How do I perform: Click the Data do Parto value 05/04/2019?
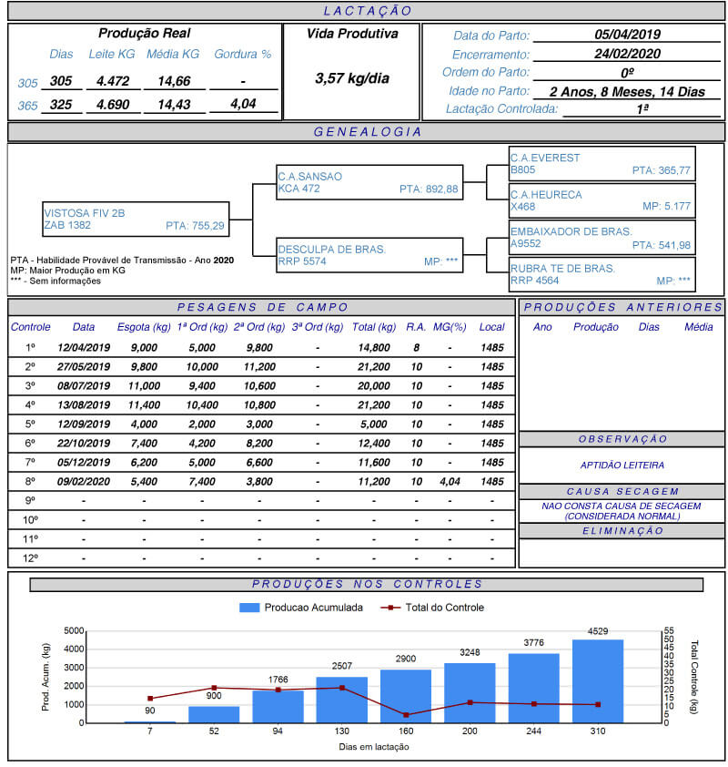(x=627, y=35)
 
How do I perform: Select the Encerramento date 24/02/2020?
(x=627, y=54)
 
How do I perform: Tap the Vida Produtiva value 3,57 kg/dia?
(x=351, y=78)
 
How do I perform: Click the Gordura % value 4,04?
(x=242, y=104)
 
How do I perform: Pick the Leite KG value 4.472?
(x=113, y=81)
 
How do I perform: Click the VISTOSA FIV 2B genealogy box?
(x=135, y=219)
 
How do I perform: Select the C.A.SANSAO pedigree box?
(x=369, y=182)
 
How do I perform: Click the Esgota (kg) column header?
(x=144, y=327)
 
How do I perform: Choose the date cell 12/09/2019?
(x=83, y=424)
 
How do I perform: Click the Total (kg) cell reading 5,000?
(x=374, y=424)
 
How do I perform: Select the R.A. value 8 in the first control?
(x=416, y=347)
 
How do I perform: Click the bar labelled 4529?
(x=598, y=680)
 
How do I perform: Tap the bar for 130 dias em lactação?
(x=342, y=700)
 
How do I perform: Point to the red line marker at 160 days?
(x=406, y=714)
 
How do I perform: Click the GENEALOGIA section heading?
(x=367, y=132)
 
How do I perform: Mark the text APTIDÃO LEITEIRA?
(x=622, y=465)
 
